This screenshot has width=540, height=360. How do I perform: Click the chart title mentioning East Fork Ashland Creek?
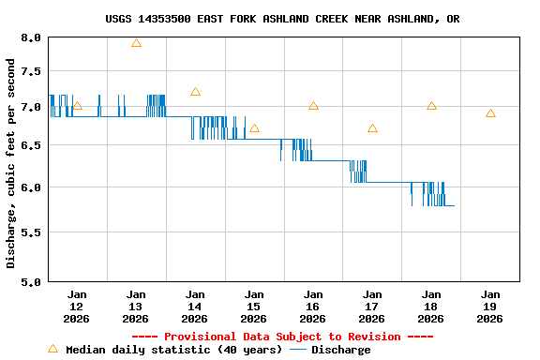(282, 19)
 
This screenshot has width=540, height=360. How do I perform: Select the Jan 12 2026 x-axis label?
(77, 306)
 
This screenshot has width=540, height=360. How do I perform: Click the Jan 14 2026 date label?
(195, 306)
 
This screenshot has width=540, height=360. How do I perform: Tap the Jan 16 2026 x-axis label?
(313, 306)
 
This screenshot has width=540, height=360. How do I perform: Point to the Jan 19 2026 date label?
(489, 306)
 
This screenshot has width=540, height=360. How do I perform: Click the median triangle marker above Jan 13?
(136, 43)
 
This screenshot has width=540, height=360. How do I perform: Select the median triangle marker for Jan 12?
(77, 106)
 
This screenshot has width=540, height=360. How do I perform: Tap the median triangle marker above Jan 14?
(195, 92)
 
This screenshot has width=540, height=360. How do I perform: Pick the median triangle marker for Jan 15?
(254, 128)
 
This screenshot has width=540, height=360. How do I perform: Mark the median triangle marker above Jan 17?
(372, 128)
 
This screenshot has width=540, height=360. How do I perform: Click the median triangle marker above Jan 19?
(490, 113)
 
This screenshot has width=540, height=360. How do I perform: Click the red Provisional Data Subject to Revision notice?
(282, 337)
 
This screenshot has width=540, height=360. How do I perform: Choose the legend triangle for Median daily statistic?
(52, 349)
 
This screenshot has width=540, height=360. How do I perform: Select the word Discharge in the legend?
(340, 350)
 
